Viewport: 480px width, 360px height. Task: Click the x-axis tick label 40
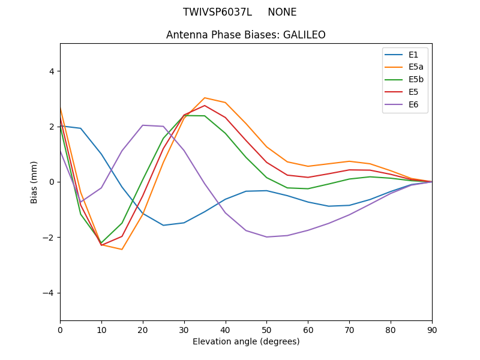coord(225,329)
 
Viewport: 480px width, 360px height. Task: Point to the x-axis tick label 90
coord(431,329)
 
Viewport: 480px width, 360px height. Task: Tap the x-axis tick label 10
coord(101,329)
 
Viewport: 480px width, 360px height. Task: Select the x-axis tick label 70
coord(349,329)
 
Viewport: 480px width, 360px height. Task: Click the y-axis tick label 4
coord(52,71)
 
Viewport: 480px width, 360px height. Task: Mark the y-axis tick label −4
coord(49,293)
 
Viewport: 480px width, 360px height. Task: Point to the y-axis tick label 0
coord(52,182)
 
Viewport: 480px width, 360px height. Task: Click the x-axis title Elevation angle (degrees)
coord(246,341)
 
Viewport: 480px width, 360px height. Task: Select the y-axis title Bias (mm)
coord(34,182)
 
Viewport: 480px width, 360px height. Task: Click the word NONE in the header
coord(282,12)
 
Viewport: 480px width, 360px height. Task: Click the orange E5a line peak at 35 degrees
coord(205,97)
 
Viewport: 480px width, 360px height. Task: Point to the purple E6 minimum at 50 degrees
coord(266,237)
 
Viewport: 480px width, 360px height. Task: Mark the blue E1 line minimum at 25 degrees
coord(163,226)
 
